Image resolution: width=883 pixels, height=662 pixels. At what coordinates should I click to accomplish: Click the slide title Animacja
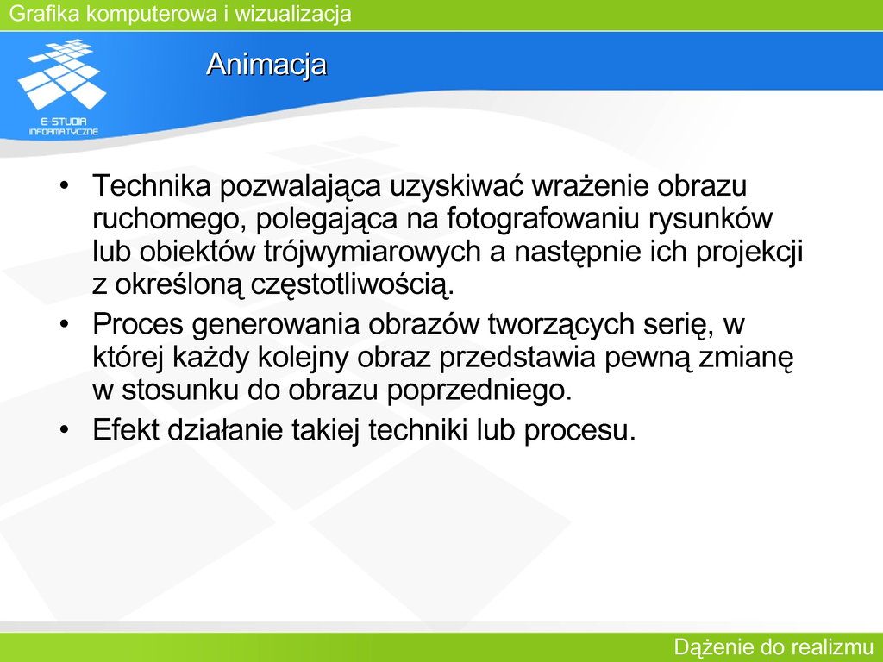[266, 64]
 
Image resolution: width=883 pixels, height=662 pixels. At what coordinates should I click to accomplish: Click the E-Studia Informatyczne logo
[63, 87]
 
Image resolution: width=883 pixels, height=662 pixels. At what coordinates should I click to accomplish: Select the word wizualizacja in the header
[293, 14]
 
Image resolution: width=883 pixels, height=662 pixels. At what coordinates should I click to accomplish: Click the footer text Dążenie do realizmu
[773, 646]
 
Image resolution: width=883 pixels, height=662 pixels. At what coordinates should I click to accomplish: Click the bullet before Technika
[65, 185]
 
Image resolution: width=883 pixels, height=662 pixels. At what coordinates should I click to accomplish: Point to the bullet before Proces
[65, 324]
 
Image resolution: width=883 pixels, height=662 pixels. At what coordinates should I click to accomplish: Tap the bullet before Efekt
[65, 429]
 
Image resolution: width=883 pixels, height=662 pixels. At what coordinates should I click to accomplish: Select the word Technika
[152, 185]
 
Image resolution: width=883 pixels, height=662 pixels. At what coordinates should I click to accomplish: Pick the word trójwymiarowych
[373, 252]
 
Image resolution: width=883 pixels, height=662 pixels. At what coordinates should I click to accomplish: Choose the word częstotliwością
[352, 284]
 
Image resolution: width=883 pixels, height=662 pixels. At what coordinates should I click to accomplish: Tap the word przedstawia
[517, 357]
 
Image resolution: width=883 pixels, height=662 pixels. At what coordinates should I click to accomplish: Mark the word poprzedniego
[479, 390]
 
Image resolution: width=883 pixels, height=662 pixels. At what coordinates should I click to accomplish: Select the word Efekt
[126, 429]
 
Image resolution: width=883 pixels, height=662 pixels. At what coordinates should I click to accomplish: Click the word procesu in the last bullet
[580, 431]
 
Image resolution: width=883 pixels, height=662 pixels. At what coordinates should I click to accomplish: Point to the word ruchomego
[170, 219]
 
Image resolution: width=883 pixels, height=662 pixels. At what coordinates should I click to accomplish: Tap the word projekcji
[749, 252]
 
